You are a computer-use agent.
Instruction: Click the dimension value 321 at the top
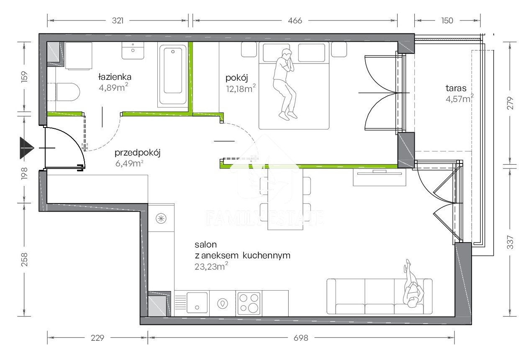point(118,20)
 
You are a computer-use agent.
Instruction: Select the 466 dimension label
point(295,20)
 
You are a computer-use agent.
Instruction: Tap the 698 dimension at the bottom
point(301,338)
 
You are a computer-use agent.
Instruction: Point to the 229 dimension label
point(97,338)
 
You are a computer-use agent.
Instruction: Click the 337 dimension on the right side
point(510,242)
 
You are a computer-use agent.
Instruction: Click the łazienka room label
point(115,77)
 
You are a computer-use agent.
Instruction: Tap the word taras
point(456,88)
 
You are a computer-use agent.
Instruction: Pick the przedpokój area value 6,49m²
point(129,163)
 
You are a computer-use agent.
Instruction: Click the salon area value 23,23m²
point(211,266)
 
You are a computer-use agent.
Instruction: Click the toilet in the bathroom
point(68,92)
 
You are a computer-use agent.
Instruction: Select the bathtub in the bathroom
point(173,75)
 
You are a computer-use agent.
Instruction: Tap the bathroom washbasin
point(133,51)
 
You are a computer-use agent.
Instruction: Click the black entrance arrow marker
point(27,148)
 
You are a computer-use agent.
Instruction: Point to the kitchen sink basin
point(197,303)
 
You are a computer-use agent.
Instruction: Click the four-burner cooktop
point(249,303)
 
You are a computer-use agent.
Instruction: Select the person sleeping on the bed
point(285,84)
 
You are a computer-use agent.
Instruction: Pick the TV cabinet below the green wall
point(380,177)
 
